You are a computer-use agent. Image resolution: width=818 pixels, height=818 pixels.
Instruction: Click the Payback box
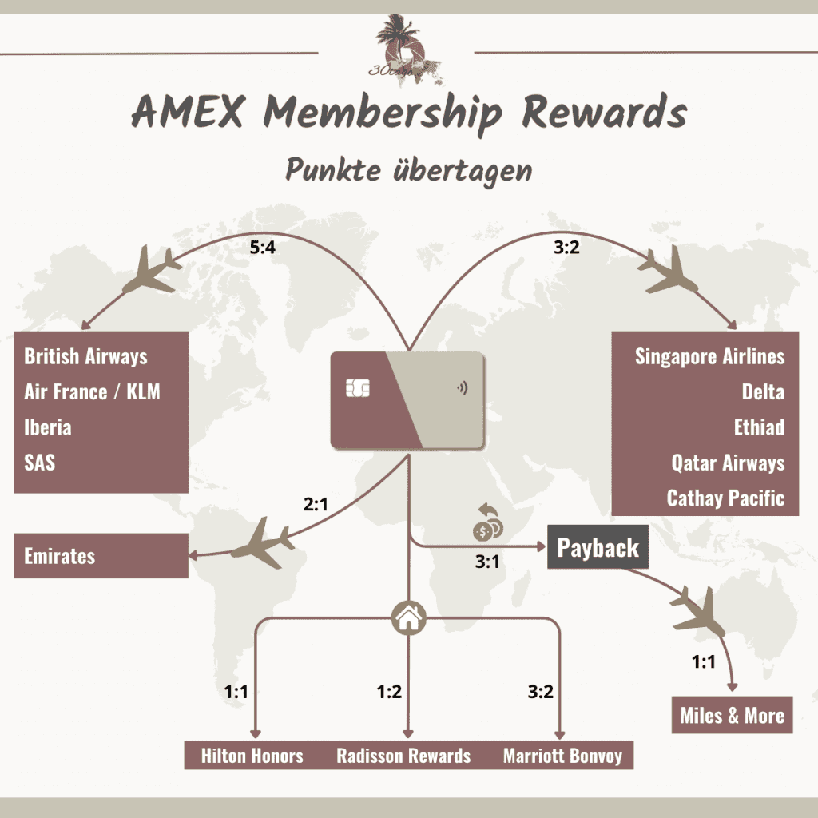click(x=598, y=548)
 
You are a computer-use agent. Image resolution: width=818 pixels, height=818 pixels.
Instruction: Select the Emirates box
click(x=101, y=556)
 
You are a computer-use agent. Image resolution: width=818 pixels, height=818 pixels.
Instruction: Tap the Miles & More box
click(x=732, y=715)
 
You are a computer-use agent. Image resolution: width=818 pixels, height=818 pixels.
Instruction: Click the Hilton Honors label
click(x=252, y=756)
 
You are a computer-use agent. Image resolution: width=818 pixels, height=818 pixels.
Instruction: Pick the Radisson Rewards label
click(x=403, y=756)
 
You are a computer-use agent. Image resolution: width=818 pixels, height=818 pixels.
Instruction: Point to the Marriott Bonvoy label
click(x=562, y=756)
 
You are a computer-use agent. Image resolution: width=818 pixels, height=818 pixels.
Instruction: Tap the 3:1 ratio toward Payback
click(x=487, y=562)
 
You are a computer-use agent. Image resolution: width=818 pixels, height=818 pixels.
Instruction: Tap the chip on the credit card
click(x=357, y=388)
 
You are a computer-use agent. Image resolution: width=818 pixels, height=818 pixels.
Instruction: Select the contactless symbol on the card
click(x=462, y=389)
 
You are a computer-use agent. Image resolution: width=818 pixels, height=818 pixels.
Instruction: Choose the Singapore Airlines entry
click(x=709, y=356)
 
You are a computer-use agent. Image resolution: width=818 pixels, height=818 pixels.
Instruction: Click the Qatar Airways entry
click(x=728, y=463)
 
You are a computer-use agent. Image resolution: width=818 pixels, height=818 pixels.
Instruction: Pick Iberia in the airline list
click(x=48, y=427)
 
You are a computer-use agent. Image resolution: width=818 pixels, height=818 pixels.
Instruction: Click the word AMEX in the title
click(x=189, y=114)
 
